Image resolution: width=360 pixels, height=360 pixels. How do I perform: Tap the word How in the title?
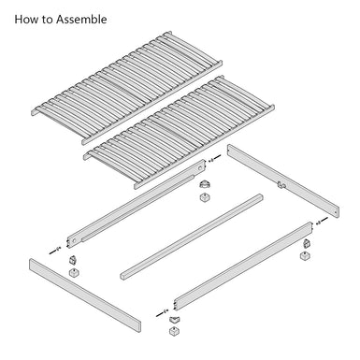(25, 19)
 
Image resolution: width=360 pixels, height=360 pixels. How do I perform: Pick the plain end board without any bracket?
(84, 290)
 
